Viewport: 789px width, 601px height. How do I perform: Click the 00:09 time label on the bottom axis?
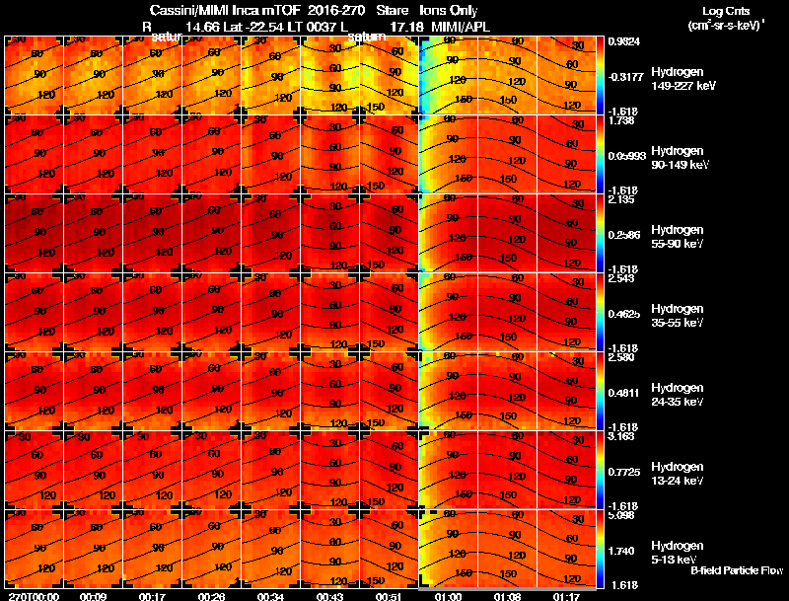[94, 596]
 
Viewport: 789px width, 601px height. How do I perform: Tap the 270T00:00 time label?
[32, 596]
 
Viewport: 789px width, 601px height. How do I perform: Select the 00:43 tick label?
[330, 596]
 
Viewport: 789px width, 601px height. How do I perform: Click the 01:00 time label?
[449, 596]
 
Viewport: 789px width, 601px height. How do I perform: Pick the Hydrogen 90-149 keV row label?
[682, 158]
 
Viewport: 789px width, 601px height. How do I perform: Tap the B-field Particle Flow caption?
[736, 570]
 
